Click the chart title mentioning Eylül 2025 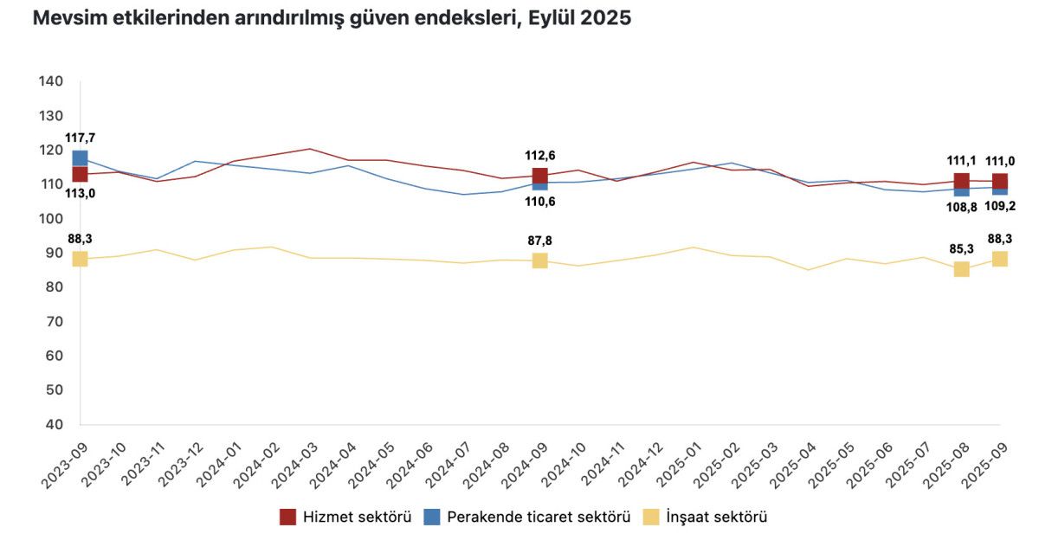pos(332,19)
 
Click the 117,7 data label pos(80,138)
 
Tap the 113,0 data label pos(80,194)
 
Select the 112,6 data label pos(539,156)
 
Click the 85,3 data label pos(961,249)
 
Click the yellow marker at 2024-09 pos(539,260)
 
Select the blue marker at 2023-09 pos(80,158)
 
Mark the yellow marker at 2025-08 pos(961,269)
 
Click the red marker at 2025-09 pos(1000,182)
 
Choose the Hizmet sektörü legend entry pos(345,518)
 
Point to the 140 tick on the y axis pos(51,81)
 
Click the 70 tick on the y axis pos(55,321)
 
